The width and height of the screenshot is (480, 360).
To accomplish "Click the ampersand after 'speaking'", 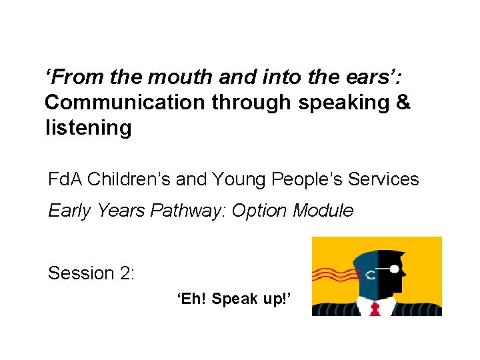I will pyautogui.click(x=403, y=103).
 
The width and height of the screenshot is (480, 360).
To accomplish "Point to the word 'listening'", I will pyautogui.click(x=88, y=127).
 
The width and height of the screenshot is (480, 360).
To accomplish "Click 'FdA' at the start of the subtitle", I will pyautogui.click(x=65, y=179).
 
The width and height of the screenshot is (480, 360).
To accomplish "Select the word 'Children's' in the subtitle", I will pyautogui.click(x=133, y=179).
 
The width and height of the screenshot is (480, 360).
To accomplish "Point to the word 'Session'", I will pyautogui.click(x=81, y=273).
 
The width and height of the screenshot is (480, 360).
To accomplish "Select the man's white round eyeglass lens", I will pyautogui.click(x=395, y=269).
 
